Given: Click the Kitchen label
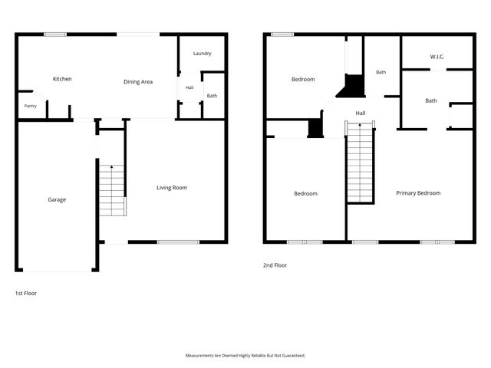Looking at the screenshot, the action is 62,79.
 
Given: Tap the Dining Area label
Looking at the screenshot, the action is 138,82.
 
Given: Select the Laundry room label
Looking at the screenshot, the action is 203,54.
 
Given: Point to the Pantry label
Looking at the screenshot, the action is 31,106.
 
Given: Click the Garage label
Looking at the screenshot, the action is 57,199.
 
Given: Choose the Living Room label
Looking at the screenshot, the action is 172,187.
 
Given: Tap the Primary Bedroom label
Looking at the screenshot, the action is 418,193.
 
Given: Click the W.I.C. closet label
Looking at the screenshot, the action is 437,57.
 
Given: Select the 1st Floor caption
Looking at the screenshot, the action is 26,293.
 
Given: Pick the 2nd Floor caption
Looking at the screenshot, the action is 275,265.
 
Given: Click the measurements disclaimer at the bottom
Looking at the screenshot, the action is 245,356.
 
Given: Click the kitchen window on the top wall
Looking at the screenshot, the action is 55,34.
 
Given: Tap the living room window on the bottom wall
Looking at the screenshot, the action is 178,242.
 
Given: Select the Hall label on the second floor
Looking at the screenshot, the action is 361,113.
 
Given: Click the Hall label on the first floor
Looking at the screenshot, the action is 189,87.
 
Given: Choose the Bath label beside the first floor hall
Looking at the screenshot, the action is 212,96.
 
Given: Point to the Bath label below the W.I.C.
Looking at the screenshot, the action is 431,100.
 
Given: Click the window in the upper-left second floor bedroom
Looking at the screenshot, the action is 282,34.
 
